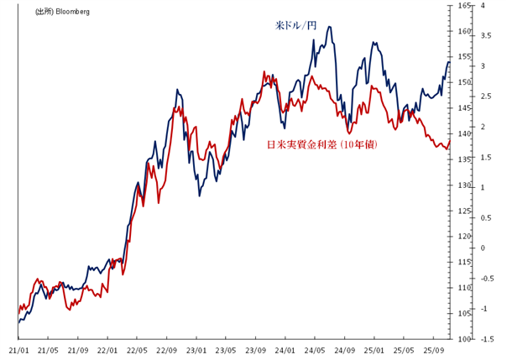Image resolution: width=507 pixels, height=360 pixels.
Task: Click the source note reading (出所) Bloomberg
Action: (62, 12)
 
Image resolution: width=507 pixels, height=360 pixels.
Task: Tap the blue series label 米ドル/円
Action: (296, 26)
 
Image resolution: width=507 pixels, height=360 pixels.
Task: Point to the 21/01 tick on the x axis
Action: (18, 350)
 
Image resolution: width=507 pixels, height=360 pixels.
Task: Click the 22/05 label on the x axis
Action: (137, 350)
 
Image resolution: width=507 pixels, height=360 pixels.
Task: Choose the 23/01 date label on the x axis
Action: (196, 350)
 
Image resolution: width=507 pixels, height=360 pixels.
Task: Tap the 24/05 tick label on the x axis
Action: (316, 350)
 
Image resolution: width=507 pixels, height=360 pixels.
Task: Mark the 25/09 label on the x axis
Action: (434, 350)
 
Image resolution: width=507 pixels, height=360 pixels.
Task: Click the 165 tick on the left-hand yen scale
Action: (464, 6)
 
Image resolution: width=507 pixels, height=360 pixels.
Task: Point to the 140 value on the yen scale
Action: (464, 134)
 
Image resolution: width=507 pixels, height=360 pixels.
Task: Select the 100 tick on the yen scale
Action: (464, 339)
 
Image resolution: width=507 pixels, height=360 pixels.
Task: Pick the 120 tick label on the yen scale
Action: (464, 237)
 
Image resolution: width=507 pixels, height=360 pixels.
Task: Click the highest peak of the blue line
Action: (329, 27)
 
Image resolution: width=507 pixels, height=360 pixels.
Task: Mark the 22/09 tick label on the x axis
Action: (166, 350)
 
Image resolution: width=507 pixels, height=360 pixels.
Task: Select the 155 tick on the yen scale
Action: (464, 57)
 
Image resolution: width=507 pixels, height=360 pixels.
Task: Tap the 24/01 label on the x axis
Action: (285, 350)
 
